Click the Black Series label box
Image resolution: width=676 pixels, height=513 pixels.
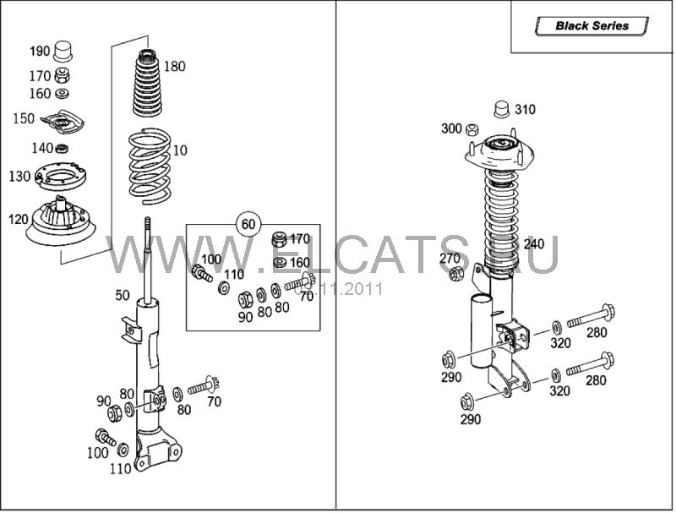coord(591,26)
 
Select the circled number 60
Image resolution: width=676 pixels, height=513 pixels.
coord(248,225)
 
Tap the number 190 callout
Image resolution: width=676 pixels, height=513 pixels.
coord(40,52)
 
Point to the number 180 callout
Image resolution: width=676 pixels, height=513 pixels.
coord(174,67)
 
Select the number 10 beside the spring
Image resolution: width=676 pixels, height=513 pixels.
coord(180,150)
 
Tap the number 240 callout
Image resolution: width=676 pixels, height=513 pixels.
coord(534,244)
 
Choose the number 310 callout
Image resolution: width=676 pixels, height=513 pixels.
coord(525,110)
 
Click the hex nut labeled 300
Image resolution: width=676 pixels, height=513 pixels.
coord(472,129)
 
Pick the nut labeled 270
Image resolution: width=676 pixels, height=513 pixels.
coord(456,273)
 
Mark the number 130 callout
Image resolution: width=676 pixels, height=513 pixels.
coord(19,177)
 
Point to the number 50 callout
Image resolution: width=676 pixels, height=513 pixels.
coord(123,295)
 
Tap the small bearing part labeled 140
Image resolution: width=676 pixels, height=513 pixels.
coord(61,149)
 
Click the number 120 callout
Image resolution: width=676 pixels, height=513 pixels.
coord(19,219)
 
